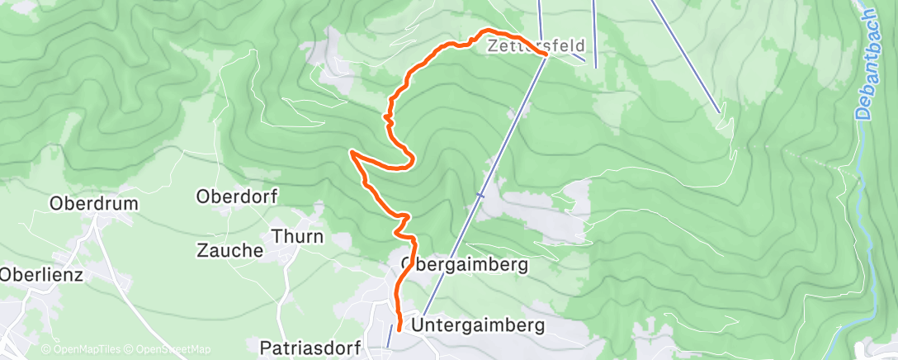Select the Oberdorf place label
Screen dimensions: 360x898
pyautogui.click(x=237, y=197)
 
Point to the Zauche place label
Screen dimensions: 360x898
pyautogui.click(x=229, y=250)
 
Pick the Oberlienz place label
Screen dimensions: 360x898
pyautogui.click(x=41, y=275)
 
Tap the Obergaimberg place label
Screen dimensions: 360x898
pyautogui.click(x=464, y=266)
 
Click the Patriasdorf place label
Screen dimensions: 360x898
pyautogui.click(x=310, y=347)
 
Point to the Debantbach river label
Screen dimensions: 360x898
pyautogui.click(x=865, y=66)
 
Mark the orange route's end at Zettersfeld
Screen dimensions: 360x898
pyautogui.click(x=546, y=54)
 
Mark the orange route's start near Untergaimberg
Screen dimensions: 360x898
pyautogui.click(x=399, y=329)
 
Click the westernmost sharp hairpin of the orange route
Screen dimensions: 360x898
pyautogui.click(x=352, y=152)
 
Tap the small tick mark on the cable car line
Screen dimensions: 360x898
pyautogui.click(x=480, y=196)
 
